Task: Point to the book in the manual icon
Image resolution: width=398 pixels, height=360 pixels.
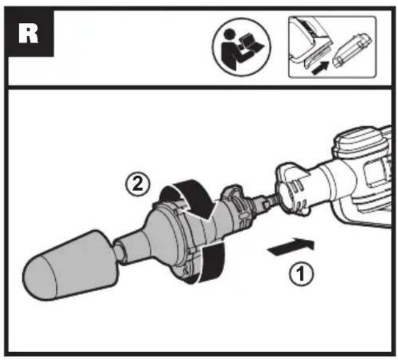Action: pos(249,48)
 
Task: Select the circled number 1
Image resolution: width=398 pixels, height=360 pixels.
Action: pos(299,275)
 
